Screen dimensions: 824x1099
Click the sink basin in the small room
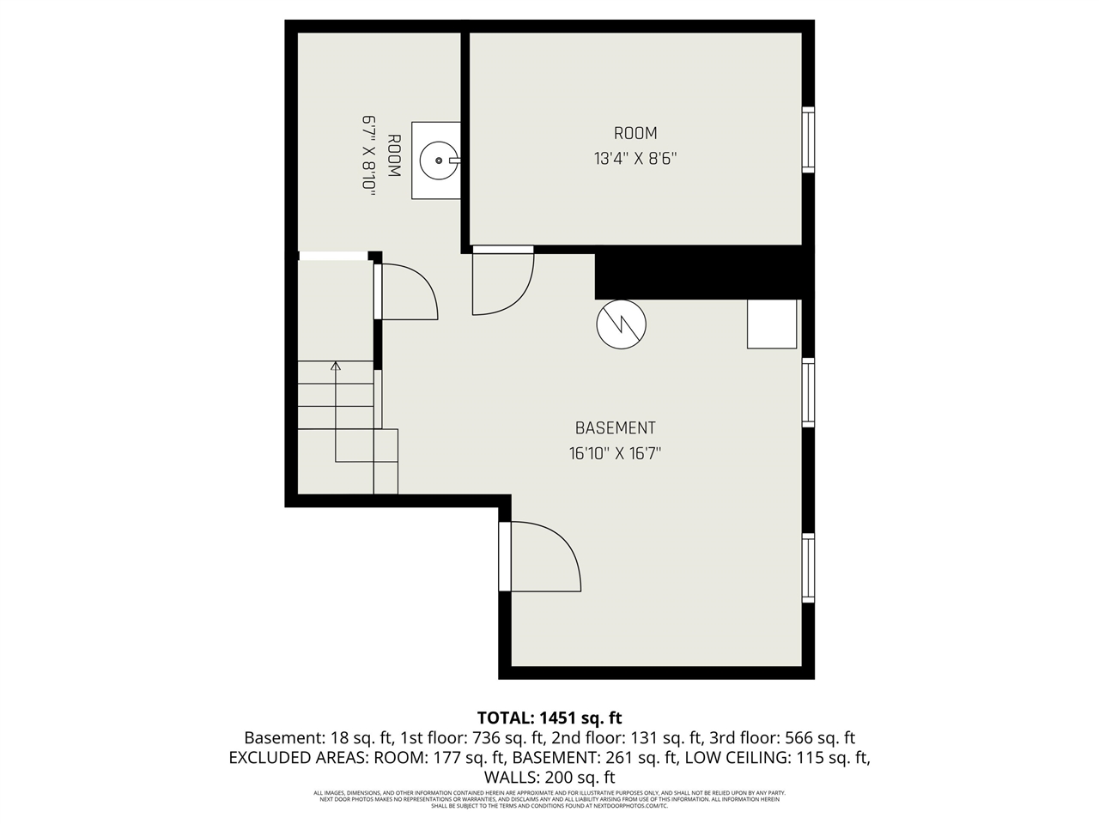click(438, 160)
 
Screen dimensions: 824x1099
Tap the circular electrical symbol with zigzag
click(621, 324)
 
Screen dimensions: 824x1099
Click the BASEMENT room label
click(615, 427)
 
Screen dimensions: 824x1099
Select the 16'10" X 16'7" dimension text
click(615, 453)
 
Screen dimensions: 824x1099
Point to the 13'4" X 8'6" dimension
click(635, 158)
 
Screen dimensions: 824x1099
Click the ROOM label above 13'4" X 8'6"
click(635, 133)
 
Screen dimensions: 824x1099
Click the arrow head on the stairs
click(336, 367)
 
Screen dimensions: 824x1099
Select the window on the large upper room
click(808, 139)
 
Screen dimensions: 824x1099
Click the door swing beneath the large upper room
click(502, 282)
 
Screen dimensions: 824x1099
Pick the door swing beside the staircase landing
click(407, 292)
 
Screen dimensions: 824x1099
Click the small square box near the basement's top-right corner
click(772, 324)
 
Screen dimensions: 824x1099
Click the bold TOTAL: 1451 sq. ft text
click(549, 718)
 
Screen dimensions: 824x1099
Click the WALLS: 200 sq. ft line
click(549, 778)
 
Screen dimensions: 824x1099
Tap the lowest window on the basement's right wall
click(808, 567)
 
